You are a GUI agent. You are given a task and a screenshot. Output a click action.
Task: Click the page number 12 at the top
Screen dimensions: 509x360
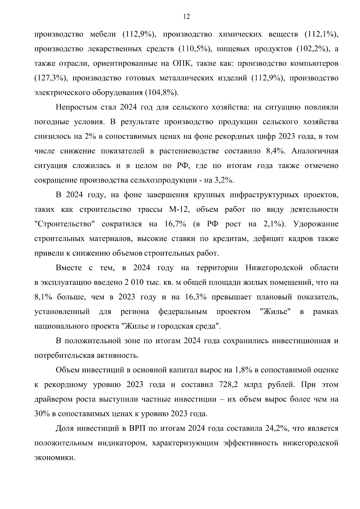tap(186, 16)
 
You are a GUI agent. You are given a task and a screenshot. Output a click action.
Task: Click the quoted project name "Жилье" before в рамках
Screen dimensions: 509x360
tap(276, 312)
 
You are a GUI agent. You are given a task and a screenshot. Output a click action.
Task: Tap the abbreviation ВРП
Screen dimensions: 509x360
tap(137, 428)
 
